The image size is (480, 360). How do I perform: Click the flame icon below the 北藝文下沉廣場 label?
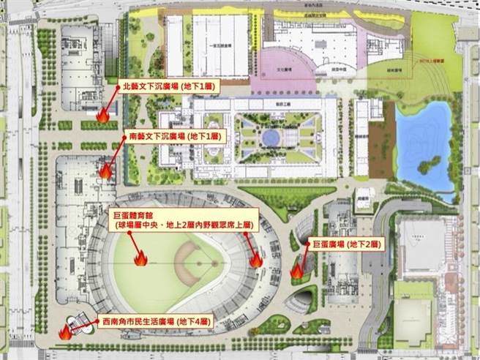tap(103, 115)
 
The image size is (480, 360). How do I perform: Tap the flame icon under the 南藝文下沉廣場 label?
tap(106, 171)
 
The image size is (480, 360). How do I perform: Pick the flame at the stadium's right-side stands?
tap(256, 260)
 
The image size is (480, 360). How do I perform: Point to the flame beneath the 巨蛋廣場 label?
tap(297, 271)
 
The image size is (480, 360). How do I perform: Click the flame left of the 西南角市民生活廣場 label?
tap(65, 331)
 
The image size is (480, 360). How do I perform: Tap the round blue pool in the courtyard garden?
tap(270, 137)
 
